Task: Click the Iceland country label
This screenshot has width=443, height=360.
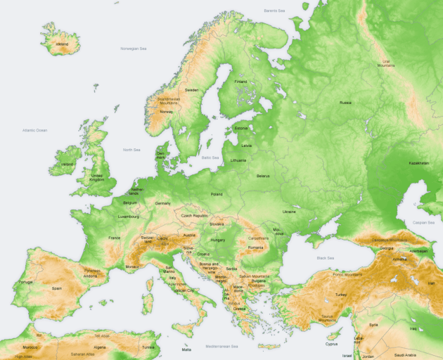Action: [x=63, y=44]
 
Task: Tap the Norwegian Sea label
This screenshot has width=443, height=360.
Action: [x=133, y=49]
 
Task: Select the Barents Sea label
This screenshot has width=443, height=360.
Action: [x=275, y=11]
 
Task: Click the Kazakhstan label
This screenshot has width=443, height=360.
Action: [x=418, y=162]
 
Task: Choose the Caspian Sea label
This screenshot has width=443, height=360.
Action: [x=423, y=222]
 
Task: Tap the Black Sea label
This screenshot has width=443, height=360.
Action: [x=326, y=258]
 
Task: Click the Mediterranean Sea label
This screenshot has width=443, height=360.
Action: [x=222, y=346]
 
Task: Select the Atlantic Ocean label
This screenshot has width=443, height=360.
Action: [x=34, y=130]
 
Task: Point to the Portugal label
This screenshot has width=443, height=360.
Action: [x=25, y=282]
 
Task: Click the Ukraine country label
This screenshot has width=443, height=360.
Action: [x=289, y=211]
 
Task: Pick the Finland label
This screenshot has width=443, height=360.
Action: [x=241, y=82]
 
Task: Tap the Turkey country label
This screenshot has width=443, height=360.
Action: [x=341, y=294]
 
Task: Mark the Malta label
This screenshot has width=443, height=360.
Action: [x=186, y=349]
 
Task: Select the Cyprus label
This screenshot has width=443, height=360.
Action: [x=332, y=344]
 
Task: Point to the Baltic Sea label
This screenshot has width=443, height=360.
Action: [x=210, y=157]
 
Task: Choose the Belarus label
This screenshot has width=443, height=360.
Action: [x=263, y=175]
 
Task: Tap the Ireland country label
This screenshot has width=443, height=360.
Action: [x=68, y=164]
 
